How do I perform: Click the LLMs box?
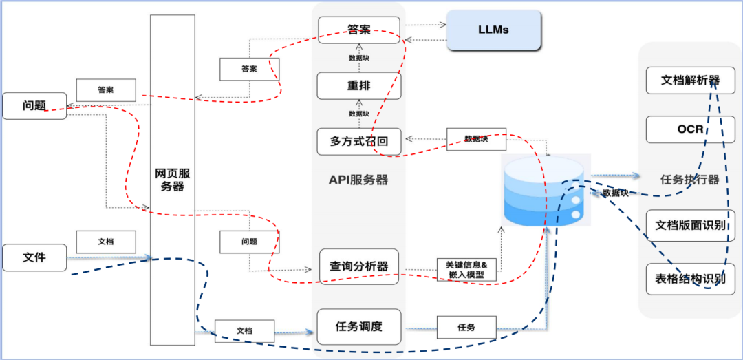click(x=493, y=31)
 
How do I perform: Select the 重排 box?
click(x=358, y=86)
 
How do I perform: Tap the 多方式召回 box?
click(x=358, y=142)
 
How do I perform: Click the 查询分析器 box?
click(x=358, y=266)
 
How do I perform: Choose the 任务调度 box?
click(x=358, y=327)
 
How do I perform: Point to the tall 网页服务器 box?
click(x=172, y=179)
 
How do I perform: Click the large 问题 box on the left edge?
click(x=34, y=105)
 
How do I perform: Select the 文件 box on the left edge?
click(x=34, y=257)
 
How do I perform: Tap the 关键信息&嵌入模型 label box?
click(x=466, y=269)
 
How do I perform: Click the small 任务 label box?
click(x=466, y=327)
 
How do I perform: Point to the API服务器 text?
click(x=358, y=180)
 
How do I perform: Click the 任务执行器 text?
click(x=690, y=180)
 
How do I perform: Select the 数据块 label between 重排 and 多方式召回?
click(x=358, y=114)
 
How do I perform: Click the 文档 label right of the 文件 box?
click(x=105, y=242)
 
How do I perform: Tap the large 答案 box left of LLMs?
click(x=358, y=30)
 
